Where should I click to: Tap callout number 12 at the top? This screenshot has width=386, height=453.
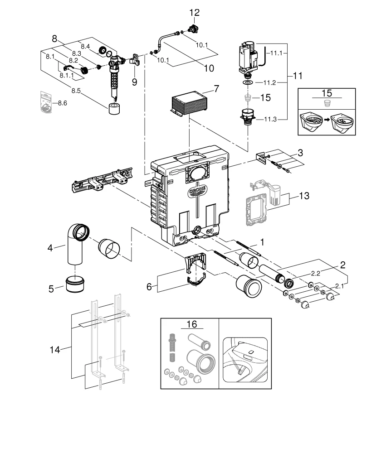(x=194, y=13)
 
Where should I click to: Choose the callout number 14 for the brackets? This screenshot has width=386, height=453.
(x=55, y=349)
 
